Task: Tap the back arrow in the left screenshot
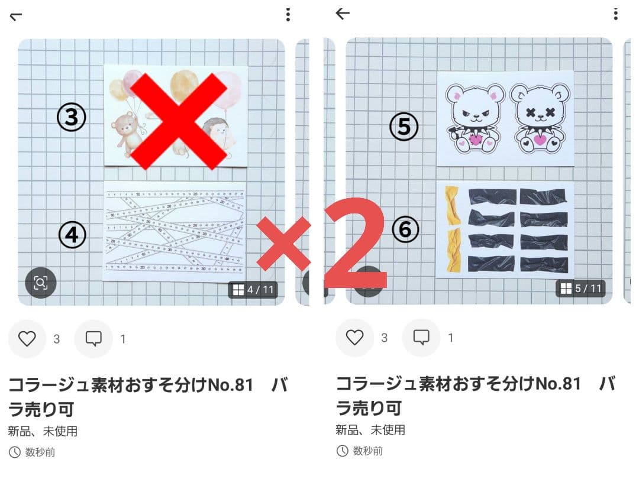click(16, 16)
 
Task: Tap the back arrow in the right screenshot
click(343, 14)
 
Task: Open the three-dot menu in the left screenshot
click(288, 15)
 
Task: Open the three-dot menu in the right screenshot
click(616, 14)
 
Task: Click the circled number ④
click(72, 235)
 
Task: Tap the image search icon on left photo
click(40, 283)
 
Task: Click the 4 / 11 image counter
click(253, 290)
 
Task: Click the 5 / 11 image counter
click(580, 289)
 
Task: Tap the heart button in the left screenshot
click(27, 339)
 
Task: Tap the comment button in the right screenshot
click(421, 338)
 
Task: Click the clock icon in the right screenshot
click(342, 451)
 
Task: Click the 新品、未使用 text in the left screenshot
click(43, 431)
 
